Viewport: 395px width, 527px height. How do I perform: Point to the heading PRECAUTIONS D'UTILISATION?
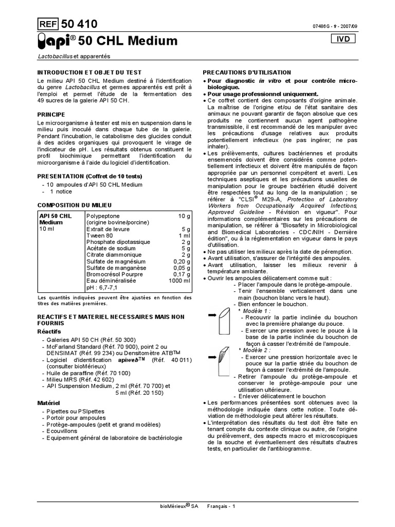pos(247,73)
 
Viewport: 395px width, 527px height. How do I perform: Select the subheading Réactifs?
pos(49,332)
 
